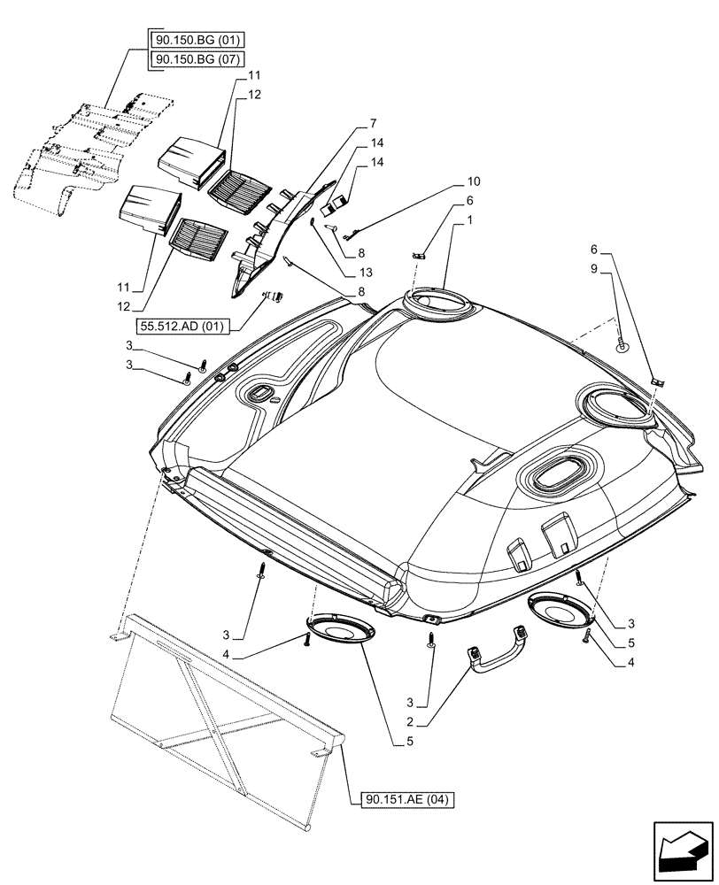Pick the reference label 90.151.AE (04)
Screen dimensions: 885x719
tap(407, 800)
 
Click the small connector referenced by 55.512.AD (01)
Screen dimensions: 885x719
tap(274, 296)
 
